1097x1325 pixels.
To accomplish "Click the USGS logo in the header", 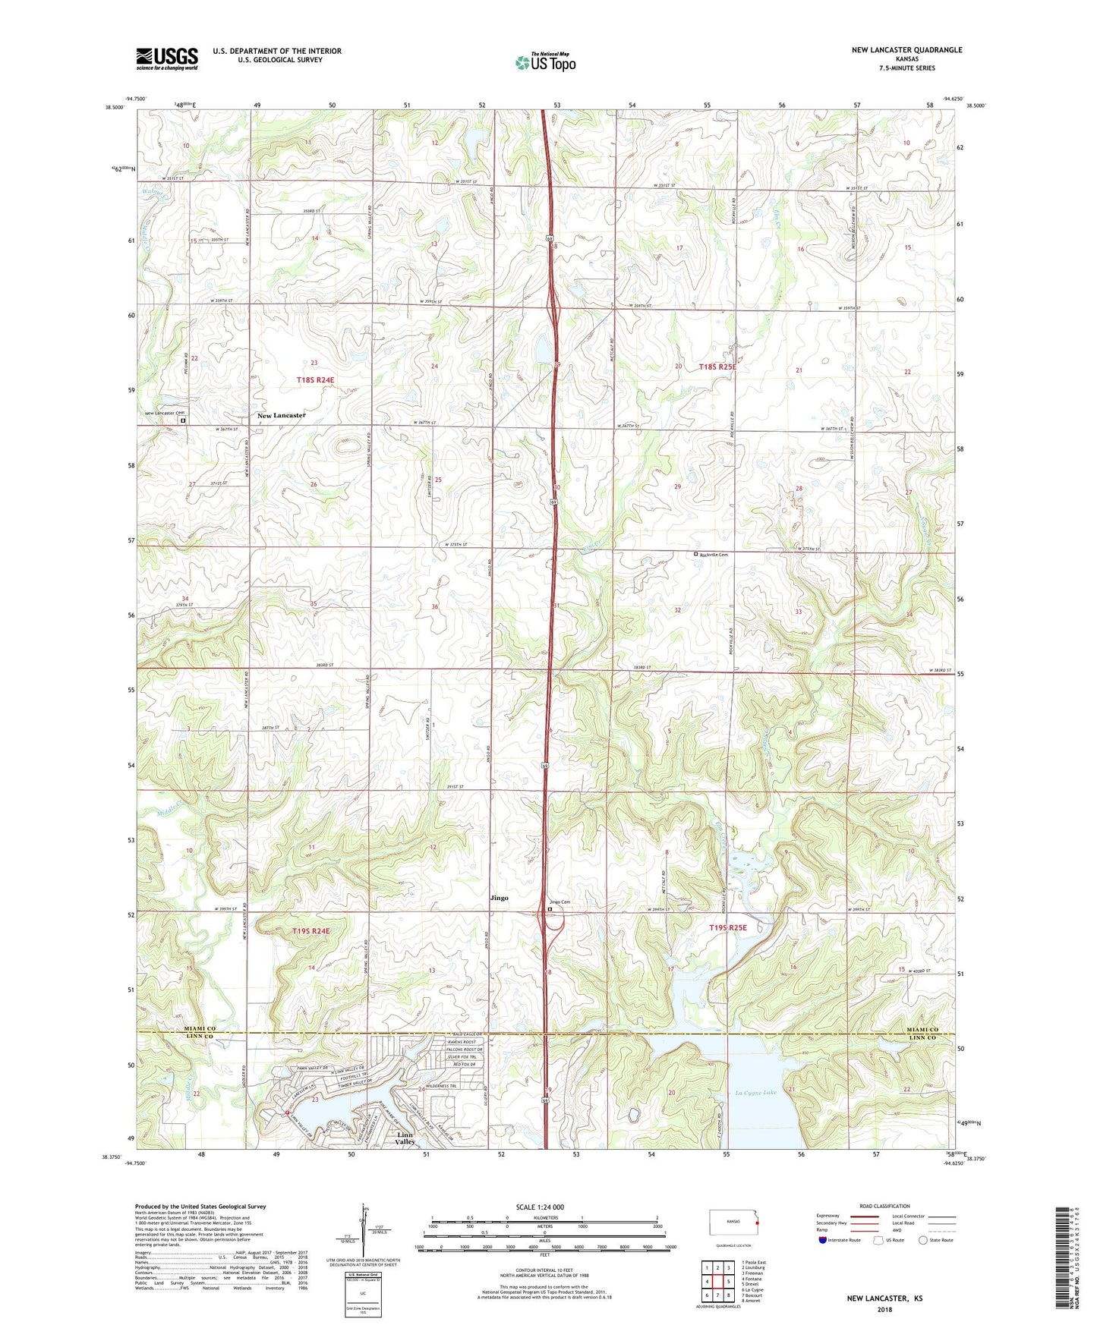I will click(167, 58).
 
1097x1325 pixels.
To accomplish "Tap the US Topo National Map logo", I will click(545, 61).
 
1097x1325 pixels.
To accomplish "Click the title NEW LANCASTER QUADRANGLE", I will click(906, 50).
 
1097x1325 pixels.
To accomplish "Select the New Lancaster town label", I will click(281, 416).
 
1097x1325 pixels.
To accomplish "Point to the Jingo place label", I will click(499, 898).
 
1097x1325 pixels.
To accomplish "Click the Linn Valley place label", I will click(405, 1138).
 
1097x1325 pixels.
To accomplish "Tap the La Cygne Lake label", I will click(755, 1093).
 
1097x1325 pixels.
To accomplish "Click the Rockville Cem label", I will click(714, 555).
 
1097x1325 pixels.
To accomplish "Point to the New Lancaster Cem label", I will click(165, 414).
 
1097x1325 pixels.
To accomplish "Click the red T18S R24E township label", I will click(315, 379).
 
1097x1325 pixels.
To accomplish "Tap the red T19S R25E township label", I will click(728, 927).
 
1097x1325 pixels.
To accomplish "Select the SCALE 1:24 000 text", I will click(540, 1207).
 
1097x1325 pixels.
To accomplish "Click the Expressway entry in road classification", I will click(828, 1216).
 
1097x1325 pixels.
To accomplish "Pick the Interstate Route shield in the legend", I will click(823, 1239).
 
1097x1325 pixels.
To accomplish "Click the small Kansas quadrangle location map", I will click(734, 1223).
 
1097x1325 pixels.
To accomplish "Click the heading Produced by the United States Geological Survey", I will click(200, 1207).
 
